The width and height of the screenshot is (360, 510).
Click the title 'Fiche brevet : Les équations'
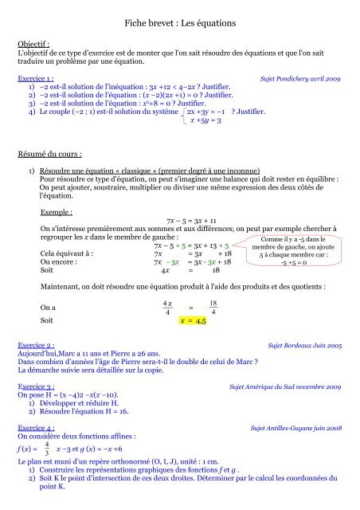[179, 27]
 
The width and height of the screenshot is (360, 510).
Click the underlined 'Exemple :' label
[57, 213]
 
